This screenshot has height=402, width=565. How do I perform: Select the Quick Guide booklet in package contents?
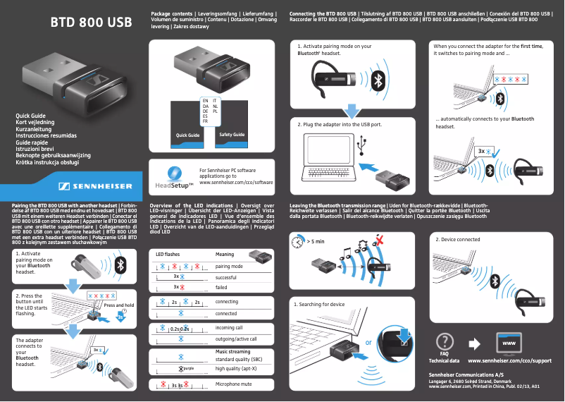187,134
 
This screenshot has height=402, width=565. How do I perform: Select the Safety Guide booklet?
232,134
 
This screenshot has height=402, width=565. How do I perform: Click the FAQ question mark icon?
444,341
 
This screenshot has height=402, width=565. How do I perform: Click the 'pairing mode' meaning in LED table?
229,267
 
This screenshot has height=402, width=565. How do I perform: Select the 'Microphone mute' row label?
233,384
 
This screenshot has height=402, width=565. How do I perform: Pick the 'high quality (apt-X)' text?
235,368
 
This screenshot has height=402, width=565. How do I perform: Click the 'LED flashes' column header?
168,254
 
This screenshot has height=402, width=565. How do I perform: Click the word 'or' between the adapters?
368,344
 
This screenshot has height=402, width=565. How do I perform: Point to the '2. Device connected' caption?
458,240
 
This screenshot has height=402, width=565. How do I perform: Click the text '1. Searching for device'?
319,305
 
